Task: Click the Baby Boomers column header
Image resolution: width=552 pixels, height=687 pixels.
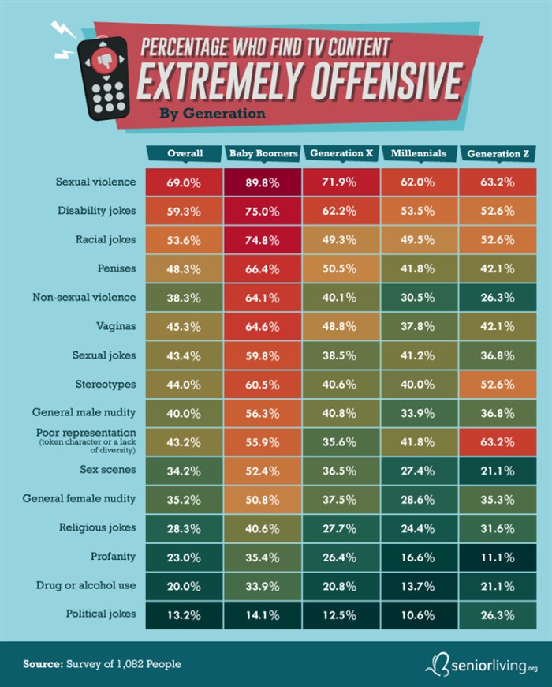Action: (x=263, y=154)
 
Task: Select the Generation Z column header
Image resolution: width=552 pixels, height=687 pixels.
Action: (x=498, y=154)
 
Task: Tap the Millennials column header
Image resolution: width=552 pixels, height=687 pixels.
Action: (x=419, y=154)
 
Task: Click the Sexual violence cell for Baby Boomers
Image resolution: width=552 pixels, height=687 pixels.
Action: (x=263, y=182)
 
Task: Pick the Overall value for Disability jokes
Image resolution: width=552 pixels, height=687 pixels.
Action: (x=185, y=211)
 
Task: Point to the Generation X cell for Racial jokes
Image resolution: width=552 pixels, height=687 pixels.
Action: (x=341, y=239)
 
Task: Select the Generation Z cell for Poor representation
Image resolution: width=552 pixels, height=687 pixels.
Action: (x=498, y=441)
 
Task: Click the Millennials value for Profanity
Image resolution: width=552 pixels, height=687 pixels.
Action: (x=419, y=556)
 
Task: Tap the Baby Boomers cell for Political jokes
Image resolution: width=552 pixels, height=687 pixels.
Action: (x=263, y=614)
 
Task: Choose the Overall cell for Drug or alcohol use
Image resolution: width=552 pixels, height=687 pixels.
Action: (x=185, y=585)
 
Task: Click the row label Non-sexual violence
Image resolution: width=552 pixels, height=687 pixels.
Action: (x=84, y=297)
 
